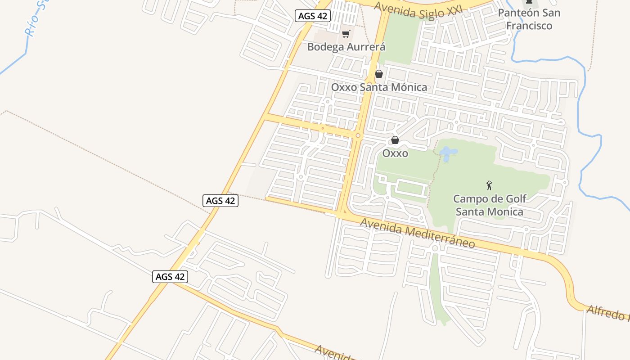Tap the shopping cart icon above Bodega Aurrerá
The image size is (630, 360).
coord(346,34)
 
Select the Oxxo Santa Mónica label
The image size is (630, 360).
coord(379,87)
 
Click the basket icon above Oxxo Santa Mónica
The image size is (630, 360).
coord(379,74)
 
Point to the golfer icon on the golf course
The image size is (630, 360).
coord(489,185)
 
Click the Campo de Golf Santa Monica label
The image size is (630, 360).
coord(490,205)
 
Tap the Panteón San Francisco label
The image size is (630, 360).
coord(529,19)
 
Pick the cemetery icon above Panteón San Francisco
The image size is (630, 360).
coord(529,3)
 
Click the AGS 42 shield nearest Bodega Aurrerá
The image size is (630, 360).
coord(313,16)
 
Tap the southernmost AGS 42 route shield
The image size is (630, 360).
coord(170,277)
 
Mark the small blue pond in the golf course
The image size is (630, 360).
coord(447,154)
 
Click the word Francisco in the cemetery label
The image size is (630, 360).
coord(529,25)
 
